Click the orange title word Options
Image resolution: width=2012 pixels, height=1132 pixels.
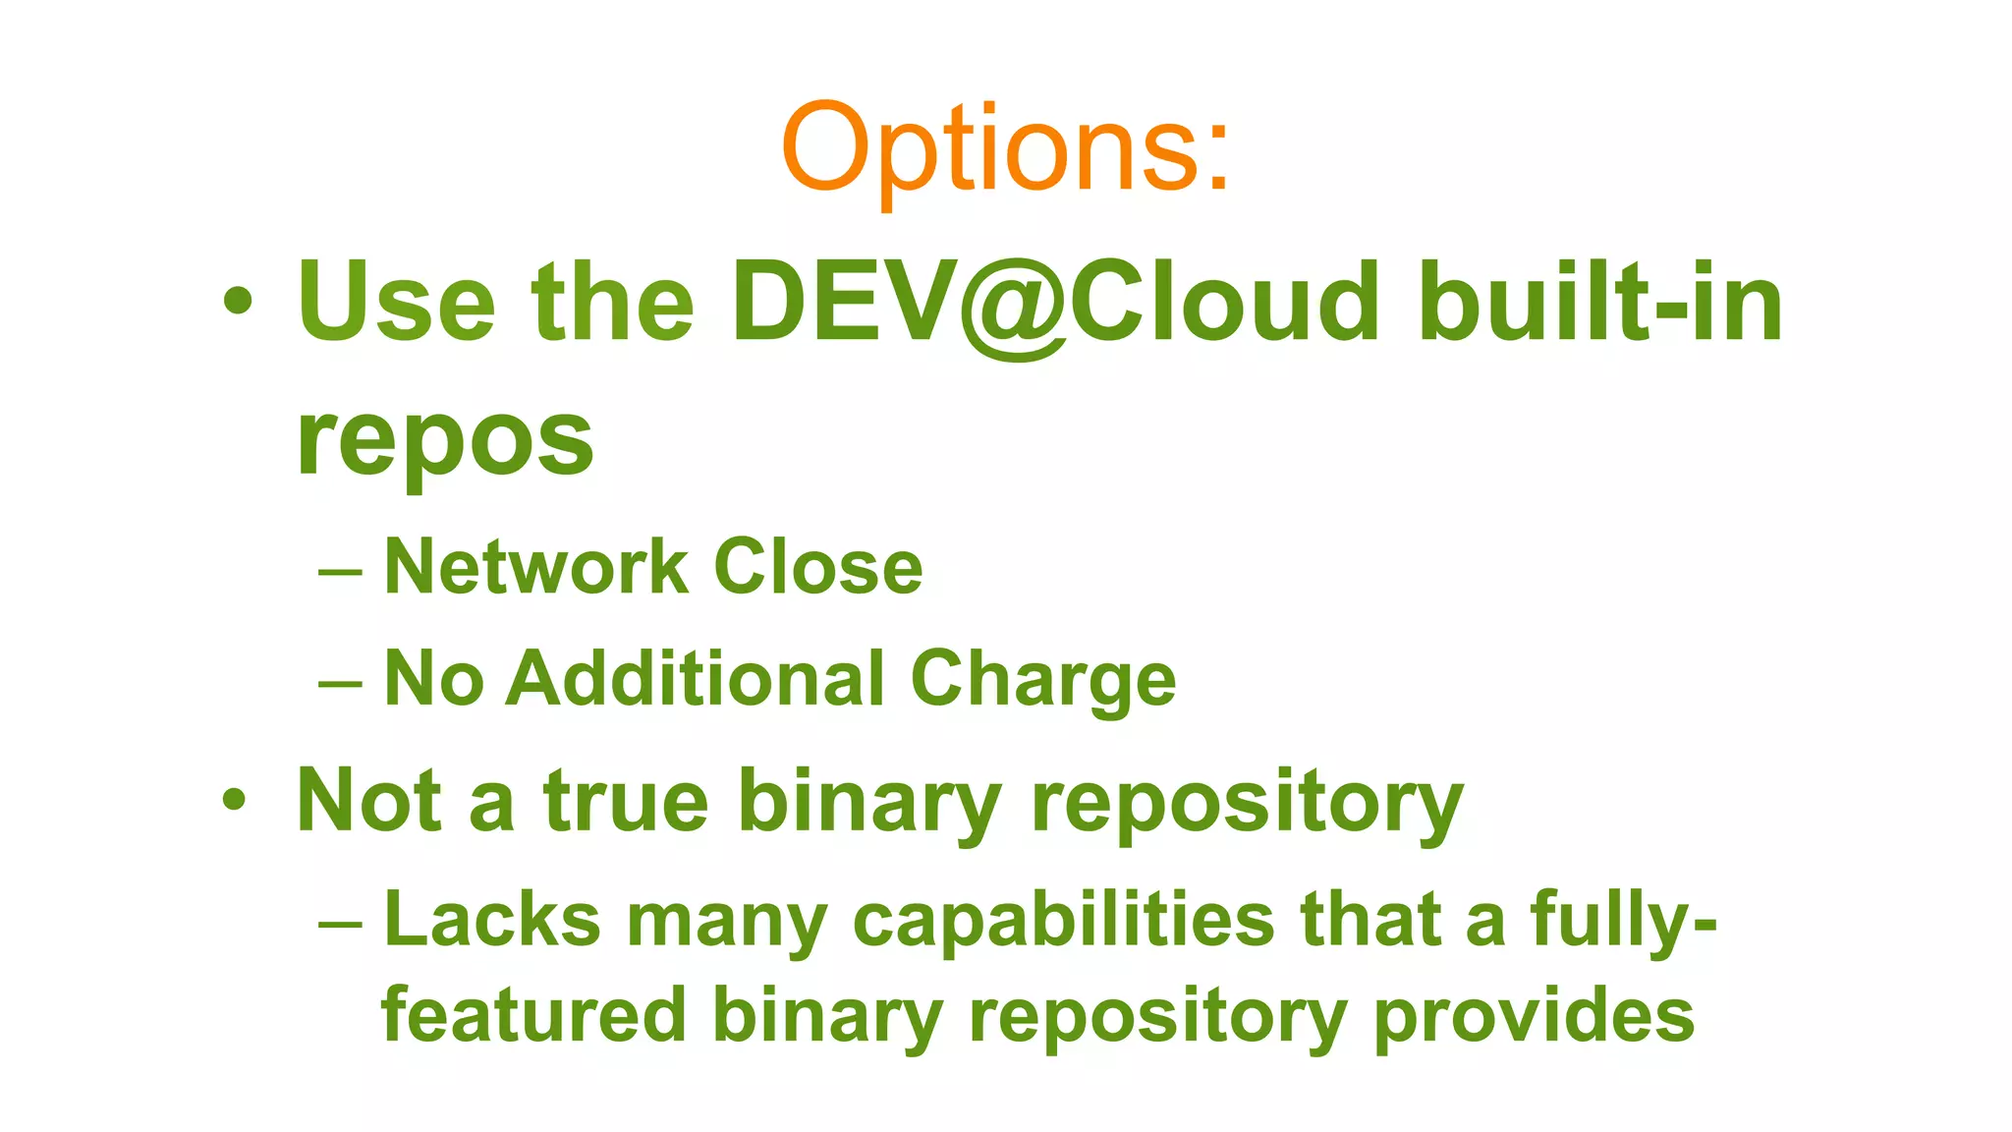(1004, 149)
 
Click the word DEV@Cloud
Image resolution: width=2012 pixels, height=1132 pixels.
(1056, 302)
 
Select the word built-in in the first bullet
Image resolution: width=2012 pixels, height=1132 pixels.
(1600, 302)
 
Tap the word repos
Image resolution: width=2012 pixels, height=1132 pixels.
(445, 438)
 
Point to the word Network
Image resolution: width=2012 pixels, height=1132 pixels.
(536, 567)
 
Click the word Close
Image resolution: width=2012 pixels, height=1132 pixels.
(818, 567)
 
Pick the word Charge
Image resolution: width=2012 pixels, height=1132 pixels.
(1043, 680)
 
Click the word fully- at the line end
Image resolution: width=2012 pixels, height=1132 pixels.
(1623, 922)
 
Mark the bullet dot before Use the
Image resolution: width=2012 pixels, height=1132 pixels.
(237, 302)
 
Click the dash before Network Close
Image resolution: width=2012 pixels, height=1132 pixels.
(341, 571)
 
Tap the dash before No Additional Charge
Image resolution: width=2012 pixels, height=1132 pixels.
(341, 682)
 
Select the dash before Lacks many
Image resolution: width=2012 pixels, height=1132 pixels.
(341, 924)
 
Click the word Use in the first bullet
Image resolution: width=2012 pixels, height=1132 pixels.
(396, 302)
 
